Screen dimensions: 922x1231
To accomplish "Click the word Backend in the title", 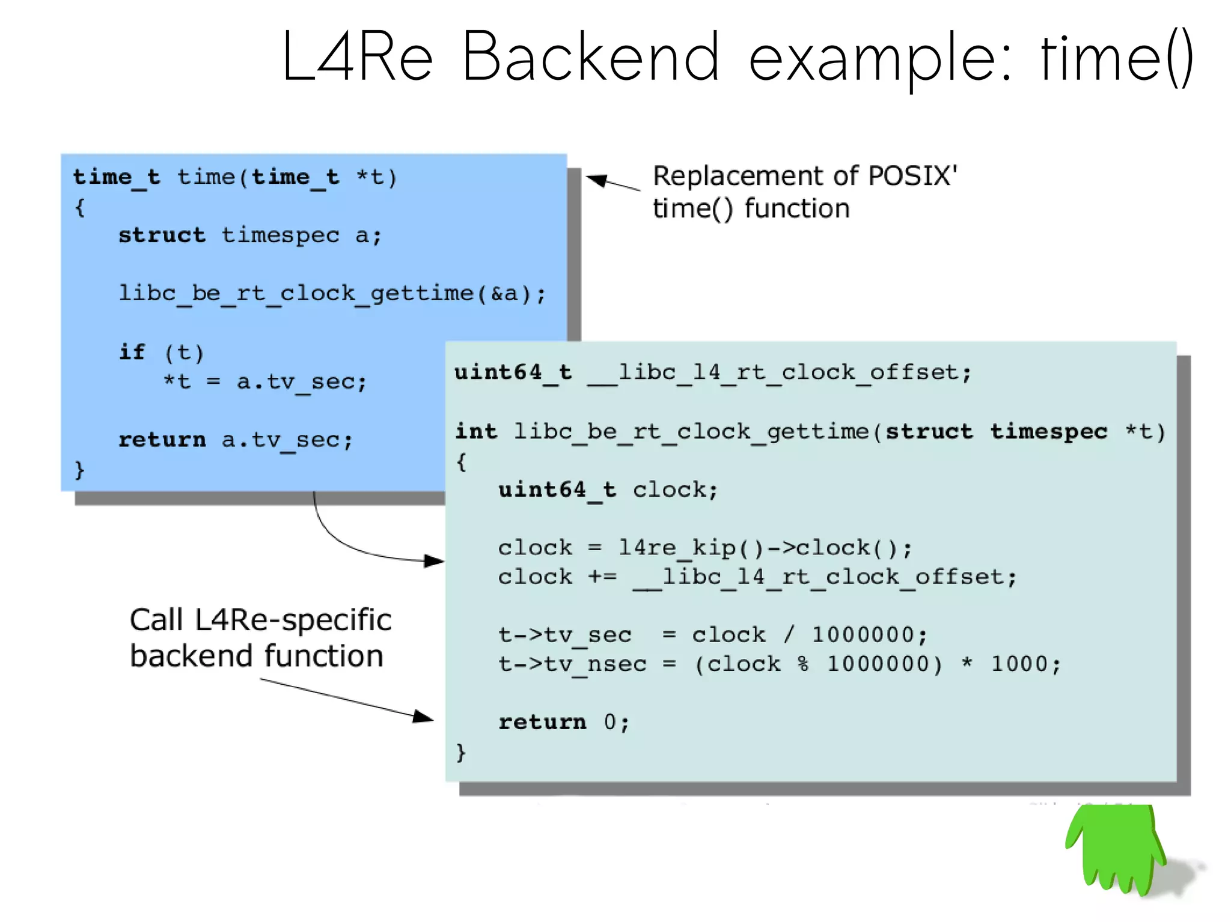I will [x=590, y=58].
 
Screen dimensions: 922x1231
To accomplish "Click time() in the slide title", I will [x=1117, y=58].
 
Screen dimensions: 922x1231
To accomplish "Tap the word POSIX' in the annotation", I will [x=912, y=176].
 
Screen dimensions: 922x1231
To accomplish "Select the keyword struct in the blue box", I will [x=162, y=235].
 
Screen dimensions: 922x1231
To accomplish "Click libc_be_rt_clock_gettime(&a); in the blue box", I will [x=332, y=293].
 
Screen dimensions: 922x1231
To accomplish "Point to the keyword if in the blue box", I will [x=132, y=352].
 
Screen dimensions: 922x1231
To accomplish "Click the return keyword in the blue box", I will [x=162, y=440].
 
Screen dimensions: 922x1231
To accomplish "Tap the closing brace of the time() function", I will [x=79, y=469].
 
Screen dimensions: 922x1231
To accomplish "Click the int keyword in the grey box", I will [x=476, y=431].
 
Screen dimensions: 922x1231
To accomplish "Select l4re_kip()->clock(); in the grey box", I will [x=765, y=548].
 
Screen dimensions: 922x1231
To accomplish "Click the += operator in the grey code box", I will [x=602, y=577].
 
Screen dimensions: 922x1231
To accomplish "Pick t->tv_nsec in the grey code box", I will [x=572, y=664].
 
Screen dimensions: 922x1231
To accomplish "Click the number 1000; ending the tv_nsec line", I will [x=1025, y=664].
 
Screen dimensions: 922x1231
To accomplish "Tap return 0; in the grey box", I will [x=563, y=722].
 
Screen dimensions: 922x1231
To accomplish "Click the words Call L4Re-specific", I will [x=260, y=620].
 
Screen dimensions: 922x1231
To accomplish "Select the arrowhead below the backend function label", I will [x=423, y=716].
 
